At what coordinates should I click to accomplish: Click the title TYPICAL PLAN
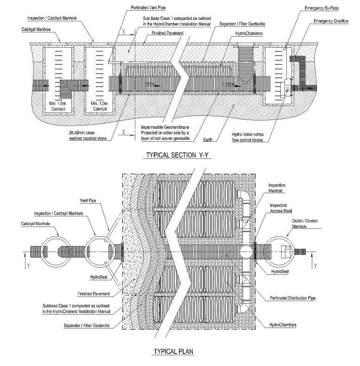[173, 352]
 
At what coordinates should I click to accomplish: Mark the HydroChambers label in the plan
[282, 325]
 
